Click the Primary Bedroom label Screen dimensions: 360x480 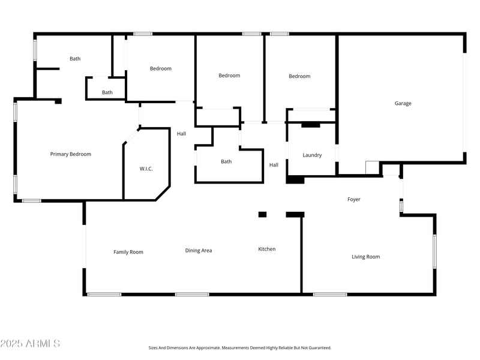coord(71,154)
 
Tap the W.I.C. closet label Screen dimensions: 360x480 coord(146,169)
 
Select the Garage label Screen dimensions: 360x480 coord(403,103)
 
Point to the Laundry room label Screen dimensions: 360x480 coord(312,155)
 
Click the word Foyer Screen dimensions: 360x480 coord(354,199)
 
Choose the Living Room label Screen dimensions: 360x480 coord(365,257)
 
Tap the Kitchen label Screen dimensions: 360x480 coord(267,249)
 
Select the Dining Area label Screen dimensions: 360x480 coord(199,250)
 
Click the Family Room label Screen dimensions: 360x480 coord(128,252)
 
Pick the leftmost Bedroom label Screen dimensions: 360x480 coord(160,68)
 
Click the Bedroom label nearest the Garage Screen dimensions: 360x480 coord(299,76)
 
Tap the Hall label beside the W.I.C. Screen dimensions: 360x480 coord(181,134)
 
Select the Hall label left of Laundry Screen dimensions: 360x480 coord(274,165)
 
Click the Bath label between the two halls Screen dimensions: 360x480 coord(226,161)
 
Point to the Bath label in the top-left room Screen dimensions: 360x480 coord(75,59)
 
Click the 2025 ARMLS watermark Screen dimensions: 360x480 coord(30,343)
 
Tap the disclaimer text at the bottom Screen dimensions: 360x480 coord(240,347)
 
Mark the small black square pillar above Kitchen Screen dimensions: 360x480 coord(262,214)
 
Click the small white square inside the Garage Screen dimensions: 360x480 coord(372,167)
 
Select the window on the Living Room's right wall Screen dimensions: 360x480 coord(434,251)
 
